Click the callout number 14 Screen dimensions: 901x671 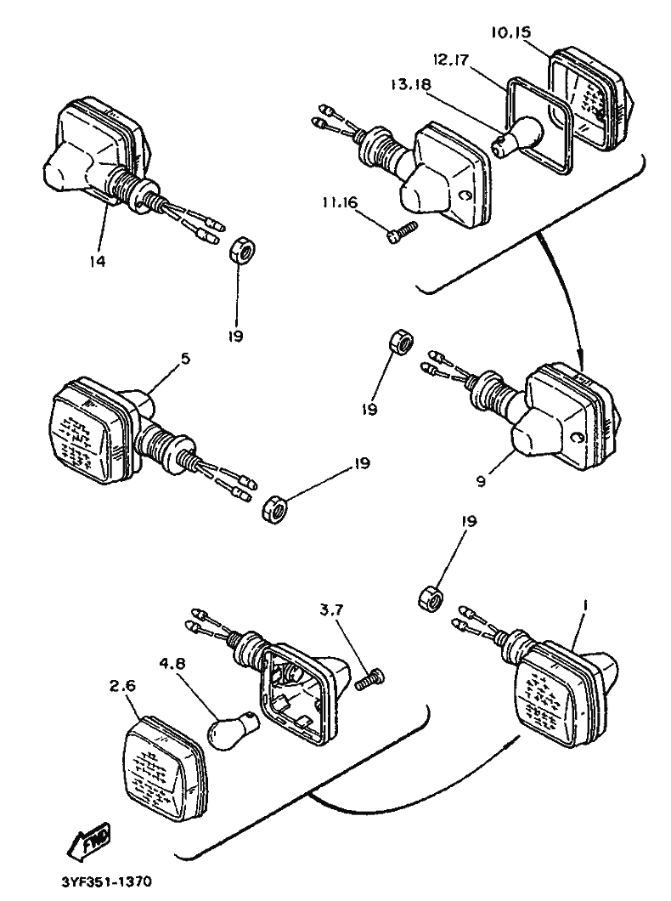(99, 262)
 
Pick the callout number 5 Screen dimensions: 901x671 (185, 359)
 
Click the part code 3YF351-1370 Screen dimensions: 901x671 (106, 882)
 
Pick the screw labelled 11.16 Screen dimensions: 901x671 (401, 232)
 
